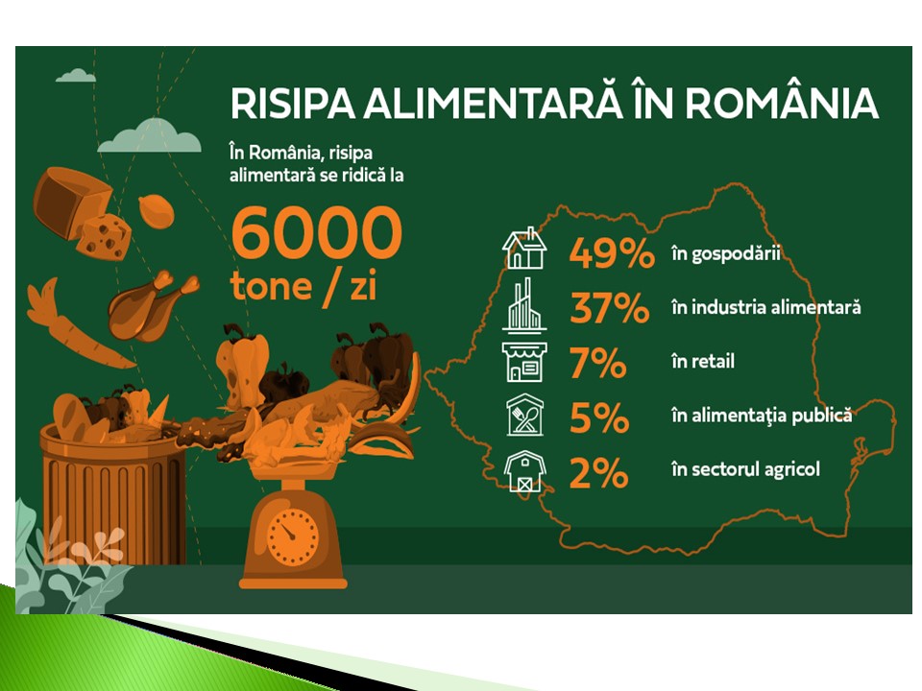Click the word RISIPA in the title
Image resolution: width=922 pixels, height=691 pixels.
293,104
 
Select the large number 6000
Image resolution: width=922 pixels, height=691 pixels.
316,233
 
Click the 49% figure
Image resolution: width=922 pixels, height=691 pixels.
612,253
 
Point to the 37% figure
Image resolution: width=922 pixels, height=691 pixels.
610,308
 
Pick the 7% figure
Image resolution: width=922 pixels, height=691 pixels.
598,363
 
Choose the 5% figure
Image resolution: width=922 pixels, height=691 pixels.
599,417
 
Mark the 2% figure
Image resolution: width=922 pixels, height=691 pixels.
598,472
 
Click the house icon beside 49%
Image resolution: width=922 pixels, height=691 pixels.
524,248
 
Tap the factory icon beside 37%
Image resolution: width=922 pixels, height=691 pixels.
524,305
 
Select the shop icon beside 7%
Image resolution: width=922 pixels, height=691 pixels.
524,362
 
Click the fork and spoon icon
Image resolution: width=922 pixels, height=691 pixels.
525,415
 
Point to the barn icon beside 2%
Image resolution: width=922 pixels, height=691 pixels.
524,470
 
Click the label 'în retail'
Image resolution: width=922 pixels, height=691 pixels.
703,361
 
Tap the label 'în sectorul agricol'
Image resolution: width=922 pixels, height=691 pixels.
745,469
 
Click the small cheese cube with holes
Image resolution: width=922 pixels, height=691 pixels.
105,236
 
